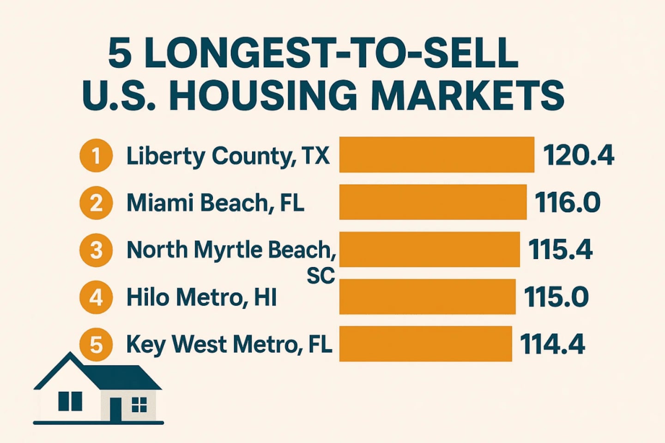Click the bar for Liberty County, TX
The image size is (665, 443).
click(436, 155)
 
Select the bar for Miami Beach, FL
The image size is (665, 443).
click(433, 202)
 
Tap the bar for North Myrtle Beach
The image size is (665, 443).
click(429, 249)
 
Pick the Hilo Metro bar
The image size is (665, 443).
click(427, 296)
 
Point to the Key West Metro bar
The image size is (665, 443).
click(425, 344)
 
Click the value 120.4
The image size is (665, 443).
click(579, 155)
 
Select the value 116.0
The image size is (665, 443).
click(568, 203)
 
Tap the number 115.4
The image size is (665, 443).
click(560, 250)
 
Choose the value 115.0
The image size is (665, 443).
click(556, 297)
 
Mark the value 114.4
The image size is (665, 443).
click(552, 344)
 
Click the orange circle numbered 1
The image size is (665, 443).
click(96, 156)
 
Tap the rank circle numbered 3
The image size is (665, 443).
click(96, 250)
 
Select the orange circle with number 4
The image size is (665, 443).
click(96, 297)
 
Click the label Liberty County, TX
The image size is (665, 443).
click(228, 156)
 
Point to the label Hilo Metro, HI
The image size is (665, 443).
click(201, 297)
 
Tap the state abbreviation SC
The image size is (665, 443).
click(320, 275)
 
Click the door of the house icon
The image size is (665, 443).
click(115, 410)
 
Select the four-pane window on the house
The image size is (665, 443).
click(139, 404)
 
